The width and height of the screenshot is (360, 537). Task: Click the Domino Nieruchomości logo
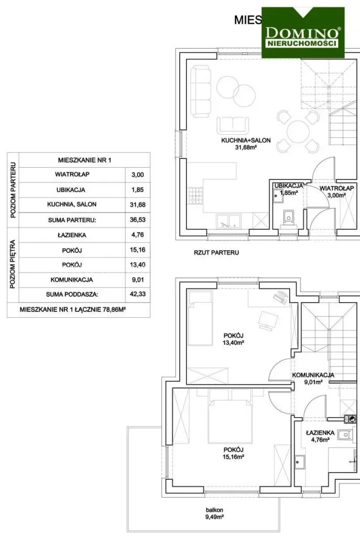point(303,33)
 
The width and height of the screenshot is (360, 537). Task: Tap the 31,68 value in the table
point(138,205)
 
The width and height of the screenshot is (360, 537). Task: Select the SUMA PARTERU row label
point(72,220)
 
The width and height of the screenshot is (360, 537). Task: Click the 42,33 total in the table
point(138,294)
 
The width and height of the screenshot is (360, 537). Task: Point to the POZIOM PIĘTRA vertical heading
point(13,264)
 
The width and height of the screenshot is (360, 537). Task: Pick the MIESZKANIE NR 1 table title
point(84,160)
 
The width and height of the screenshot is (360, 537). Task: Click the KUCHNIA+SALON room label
point(246,141)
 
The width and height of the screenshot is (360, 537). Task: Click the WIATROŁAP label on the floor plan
point(337,188)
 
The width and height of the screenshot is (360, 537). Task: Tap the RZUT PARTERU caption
point(216,253)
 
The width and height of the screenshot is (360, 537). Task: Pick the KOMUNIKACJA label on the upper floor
point(313,375)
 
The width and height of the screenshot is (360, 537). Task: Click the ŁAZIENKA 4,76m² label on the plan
point(320,436)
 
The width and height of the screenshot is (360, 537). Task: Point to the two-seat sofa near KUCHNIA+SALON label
point(233,125)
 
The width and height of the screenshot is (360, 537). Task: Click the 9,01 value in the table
point(138,280)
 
